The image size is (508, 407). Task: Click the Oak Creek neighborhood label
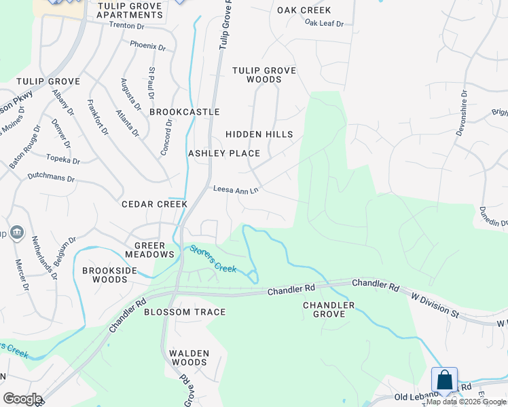click(x=304, y=10)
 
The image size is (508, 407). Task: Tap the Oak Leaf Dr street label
click(x=324, y=23)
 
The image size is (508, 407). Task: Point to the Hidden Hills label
click(x=259, y=134)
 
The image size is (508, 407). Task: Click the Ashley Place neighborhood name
click(x=224, y=153)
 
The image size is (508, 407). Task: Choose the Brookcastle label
click(x=185, y=112)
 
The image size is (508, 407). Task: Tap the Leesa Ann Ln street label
click(x=236, y=190)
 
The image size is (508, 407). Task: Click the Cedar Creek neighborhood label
click(x=154, y=204)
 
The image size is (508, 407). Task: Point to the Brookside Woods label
click(x=109, y=275)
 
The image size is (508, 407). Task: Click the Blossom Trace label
click(x=184, y=312)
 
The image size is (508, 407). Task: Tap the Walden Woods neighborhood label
click(x=189, y=357)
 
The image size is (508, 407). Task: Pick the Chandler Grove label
click(x=329, y=310)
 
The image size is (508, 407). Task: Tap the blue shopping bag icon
click(x=444, y=380)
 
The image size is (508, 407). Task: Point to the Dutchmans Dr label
click(x=51, y=178)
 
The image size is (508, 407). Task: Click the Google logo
click(x=22, y=399)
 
